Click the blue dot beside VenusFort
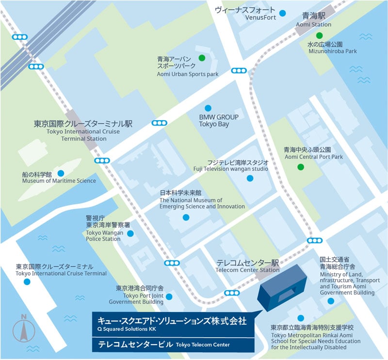[282, 14]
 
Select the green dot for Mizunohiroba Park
[319, 35]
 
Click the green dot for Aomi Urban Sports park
[202, 58]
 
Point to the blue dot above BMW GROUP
[208, 108]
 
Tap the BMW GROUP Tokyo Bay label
[219, 120]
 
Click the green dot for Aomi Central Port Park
[301, 167]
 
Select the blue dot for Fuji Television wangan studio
[250, 178]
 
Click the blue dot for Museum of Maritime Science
[61, 173]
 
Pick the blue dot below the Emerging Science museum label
[186, 217]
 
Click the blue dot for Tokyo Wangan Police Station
[130, 234]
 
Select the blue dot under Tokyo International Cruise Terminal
[27, 281]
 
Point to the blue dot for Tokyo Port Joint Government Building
[169, 297]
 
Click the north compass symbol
[24, 329]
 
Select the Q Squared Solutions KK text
[126, 329]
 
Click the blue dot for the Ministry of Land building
[330, 301]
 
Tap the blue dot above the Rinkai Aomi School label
[300, 318]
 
